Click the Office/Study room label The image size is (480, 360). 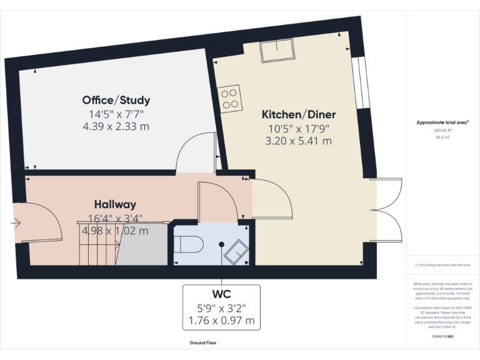pos(116,100)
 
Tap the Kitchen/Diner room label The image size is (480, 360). pos(298,114)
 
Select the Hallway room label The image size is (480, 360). pos(115,204)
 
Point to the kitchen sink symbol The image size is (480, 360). pos(277,51)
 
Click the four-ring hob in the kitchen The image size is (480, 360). pos(229,97)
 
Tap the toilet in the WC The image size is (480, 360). pos(187,244)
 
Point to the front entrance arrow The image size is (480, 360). pos(15,222)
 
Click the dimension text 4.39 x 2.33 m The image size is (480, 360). pos(116,126)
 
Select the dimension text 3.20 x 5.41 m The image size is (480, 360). pos(298,141)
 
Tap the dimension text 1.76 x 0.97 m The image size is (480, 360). pos(221,321)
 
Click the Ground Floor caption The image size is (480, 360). pos(203,342)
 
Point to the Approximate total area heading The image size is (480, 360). pos(442,122)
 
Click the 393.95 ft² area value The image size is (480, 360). pos(442,130)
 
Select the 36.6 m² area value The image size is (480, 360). pos(442,137)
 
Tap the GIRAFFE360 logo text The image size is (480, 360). pos(442,336)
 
